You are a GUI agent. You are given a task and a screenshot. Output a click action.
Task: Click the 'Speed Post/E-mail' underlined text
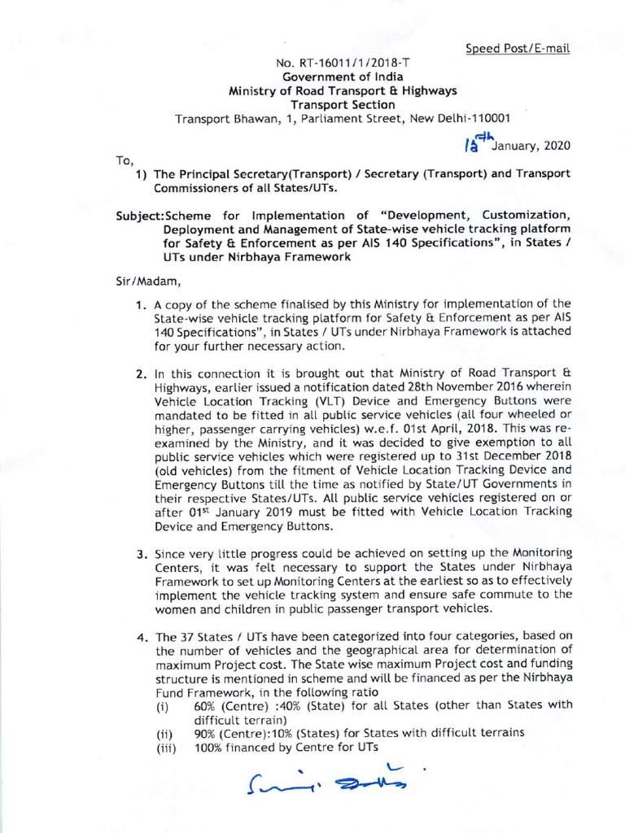point(518,48)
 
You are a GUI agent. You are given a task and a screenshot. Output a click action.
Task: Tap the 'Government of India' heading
point(346,76)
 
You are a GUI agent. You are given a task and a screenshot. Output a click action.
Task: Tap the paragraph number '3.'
point(140,553)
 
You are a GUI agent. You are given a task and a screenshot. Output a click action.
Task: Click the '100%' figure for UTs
point(208,747)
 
